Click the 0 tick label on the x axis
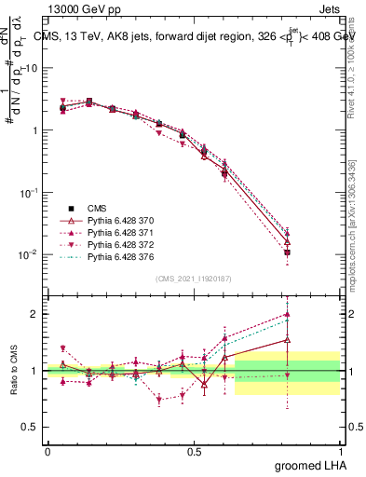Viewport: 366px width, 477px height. pos(47,451)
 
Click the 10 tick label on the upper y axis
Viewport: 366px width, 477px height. pos(30,69)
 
